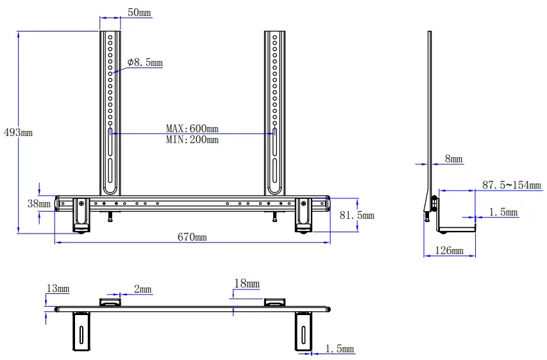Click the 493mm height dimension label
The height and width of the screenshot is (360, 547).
[x=17, y=133]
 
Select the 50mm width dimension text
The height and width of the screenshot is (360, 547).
[x=140, y=13]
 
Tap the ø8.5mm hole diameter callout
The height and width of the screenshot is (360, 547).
[x=145, y=63]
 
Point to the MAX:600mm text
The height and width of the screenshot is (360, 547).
[x=192, y=129]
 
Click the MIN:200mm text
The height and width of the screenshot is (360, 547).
[x=192, y=139]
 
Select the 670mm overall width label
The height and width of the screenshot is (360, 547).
[x=192, y=237]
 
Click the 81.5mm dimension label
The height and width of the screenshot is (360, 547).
[x=357, y=216]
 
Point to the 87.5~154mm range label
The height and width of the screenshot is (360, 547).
[x=512, y=185]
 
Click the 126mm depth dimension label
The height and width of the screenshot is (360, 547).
[x=450, y=250]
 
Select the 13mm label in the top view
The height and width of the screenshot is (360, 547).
[x=58, y=289]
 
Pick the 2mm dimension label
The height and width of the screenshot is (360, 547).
[x=142, y=289]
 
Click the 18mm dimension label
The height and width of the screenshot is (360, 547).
[x=247, y=284]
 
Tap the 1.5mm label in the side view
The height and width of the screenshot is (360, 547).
[x=503, y=212]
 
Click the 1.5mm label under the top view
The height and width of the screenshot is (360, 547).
[x=339, y=349]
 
